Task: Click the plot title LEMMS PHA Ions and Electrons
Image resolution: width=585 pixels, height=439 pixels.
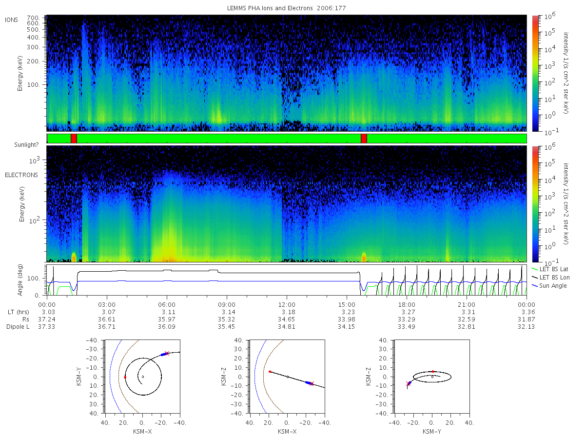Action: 270,8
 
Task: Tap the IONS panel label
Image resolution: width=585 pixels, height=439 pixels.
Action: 11,20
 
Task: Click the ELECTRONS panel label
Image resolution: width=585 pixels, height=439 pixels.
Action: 21,175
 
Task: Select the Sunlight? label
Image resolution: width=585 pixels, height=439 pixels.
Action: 26,145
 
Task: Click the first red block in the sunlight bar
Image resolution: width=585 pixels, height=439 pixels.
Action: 74,139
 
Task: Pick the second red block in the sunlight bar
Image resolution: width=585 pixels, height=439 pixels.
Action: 364,139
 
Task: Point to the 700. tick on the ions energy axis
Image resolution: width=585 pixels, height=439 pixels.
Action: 34,18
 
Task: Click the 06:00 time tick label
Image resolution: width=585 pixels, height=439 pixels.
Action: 167,305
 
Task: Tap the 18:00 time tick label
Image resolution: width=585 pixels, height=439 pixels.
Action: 407,305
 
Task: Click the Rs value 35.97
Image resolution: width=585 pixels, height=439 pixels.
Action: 167,319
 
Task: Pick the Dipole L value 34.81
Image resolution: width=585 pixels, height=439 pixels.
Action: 287,327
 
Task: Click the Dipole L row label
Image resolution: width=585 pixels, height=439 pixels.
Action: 18,327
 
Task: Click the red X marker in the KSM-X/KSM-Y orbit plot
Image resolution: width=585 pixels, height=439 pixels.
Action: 167,354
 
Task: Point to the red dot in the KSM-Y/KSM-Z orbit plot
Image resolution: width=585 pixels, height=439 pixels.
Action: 432,371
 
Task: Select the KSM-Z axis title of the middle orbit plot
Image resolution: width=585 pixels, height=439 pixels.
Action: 224,377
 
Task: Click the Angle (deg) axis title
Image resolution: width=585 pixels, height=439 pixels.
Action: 20,280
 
